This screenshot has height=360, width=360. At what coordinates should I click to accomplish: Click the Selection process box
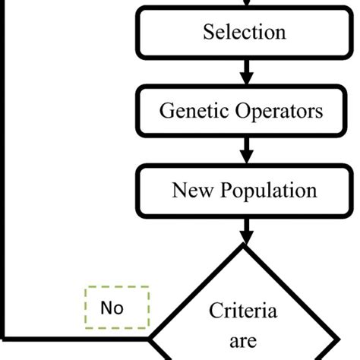pyautogui.click(x=245, y=33)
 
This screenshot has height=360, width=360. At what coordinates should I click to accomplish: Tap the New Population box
pyautogui.click(x=245, y=189)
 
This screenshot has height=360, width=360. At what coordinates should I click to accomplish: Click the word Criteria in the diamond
pyautogui.click(x=244, y=311)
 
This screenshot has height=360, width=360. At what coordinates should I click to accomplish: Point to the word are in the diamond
pyautogui.click(x=244, y=341)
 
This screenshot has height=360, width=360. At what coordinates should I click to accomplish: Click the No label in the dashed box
pyautogui.click(x=112, y=308)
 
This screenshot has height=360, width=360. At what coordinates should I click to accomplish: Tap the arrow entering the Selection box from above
pyautogui.click(x=245, y=5)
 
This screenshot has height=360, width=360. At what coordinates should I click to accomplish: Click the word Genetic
pyautogui.click(x=188, y=111)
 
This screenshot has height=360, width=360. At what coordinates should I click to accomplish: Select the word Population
pyautogui.click(x=267, y=189)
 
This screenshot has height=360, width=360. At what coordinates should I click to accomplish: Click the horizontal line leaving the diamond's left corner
pyautogui.click(x=76, y=336)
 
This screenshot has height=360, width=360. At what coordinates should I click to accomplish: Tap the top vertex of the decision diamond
pyautogui.click(x=245, y=245)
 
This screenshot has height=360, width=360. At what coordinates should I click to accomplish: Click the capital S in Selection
pyautogui.click(x=208, y=33)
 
